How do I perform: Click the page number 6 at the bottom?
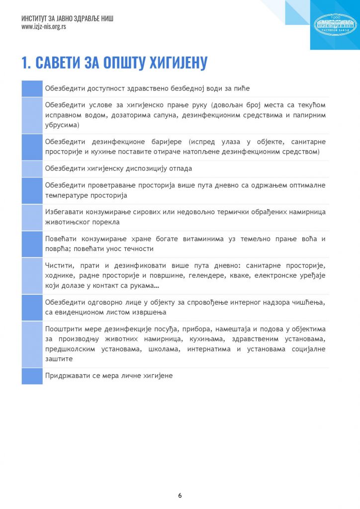(180, 496)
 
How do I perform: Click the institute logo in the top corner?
(335, 25)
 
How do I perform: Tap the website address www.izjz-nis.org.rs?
(44, 27)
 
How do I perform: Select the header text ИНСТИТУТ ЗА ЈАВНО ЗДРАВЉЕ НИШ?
(68, 19)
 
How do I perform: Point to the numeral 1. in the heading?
(27, 63)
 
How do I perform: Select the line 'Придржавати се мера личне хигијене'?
(108, 376)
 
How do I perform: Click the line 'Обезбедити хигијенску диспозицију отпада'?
(118, 169)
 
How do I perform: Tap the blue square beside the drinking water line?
(32, 88)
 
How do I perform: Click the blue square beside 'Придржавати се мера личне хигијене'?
(32, 376)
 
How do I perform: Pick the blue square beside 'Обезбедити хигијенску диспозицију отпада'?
(32, 169)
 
